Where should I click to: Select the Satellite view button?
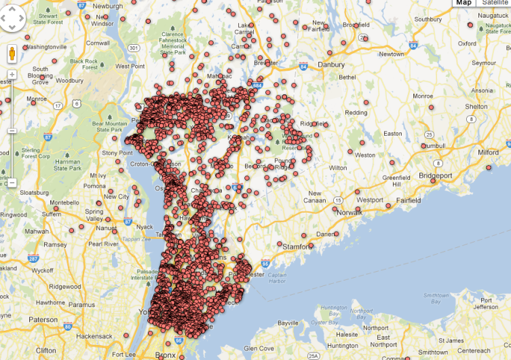(x=494, y=3)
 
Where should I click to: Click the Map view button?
(x=463, y=3)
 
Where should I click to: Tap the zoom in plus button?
(x=12, y=73)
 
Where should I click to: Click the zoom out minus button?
(x=12, y=183)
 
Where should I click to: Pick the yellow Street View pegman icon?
(x=12, y=54)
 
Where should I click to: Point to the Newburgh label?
(x=108, y=6)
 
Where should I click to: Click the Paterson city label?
(x=43, y=319)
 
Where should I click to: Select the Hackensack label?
(x=94, y=336)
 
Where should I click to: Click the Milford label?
(x=488, y=153)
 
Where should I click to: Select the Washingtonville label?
(x=48, y=48)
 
